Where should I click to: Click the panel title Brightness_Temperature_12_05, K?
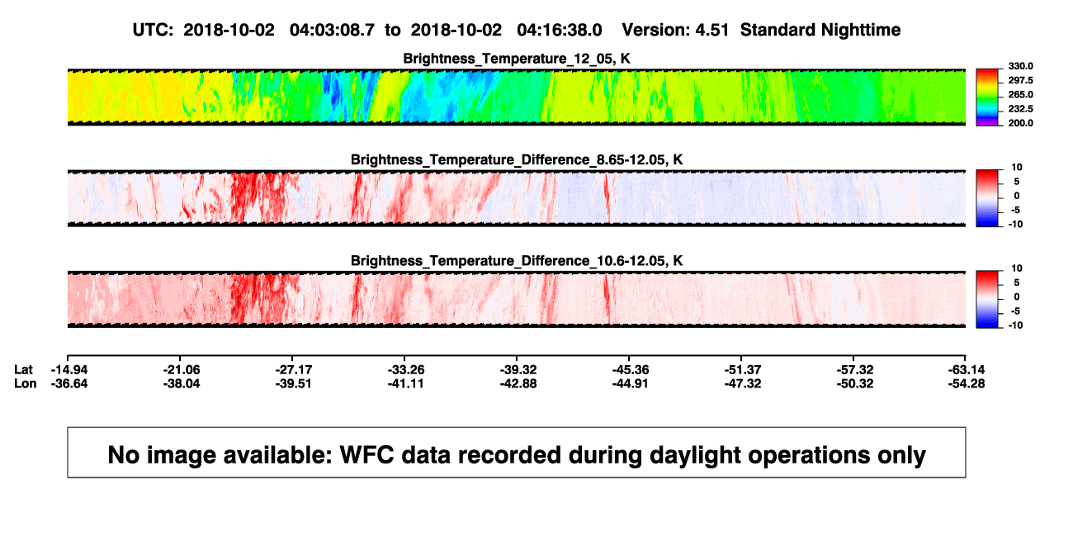pos(517,59)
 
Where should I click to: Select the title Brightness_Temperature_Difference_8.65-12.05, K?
pos(517,159)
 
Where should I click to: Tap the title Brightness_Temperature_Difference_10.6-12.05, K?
pos(517,261)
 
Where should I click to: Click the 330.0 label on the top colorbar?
pos(1020,66)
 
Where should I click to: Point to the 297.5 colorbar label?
pos(1020,80)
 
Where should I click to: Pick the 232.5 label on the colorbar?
pos(1020,109)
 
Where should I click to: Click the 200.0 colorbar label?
pos(1020,123)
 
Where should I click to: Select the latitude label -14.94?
pos(69,370)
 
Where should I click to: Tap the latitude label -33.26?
pos(406,370)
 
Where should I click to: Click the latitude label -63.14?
pos(967,370)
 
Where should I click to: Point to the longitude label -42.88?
pos(518,383)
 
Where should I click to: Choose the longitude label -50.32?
pos(855,383)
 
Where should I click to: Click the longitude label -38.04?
pos(182,383)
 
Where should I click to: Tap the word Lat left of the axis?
pos(23,370)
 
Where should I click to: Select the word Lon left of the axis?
pos(25,383)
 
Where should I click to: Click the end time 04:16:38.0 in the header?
pos(560,31)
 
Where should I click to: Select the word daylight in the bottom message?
pos(695,455)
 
